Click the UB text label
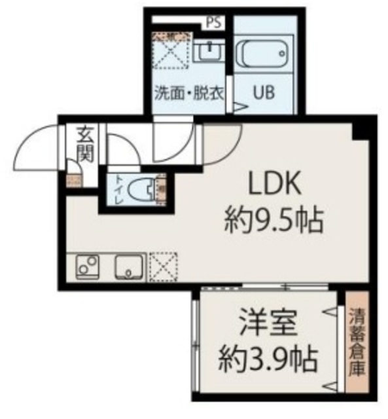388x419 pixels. point(264,92)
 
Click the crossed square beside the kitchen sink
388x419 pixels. point(161,266)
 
